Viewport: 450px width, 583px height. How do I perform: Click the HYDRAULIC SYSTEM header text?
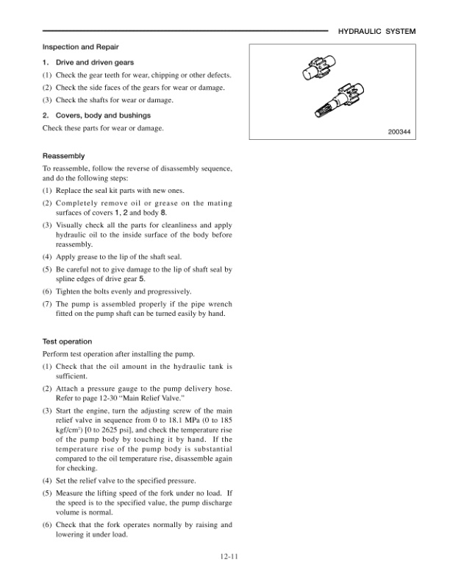point(376,32)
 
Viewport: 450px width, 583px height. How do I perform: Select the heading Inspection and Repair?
point(77,47)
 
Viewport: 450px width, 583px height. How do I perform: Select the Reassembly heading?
point(64,156)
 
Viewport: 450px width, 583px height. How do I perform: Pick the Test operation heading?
point(67,342)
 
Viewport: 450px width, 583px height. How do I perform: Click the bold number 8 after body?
point(154,213)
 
